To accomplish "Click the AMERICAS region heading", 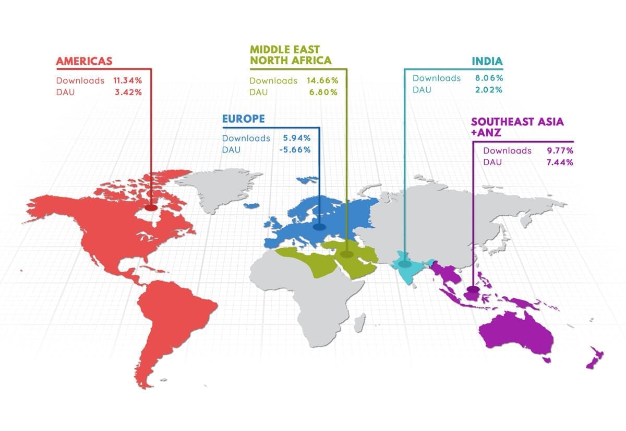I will pyautogui.click(x=84, y=61).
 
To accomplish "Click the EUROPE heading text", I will pyautogui.click(x=244, y=119).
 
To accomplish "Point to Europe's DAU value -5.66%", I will pyautogui.click(x=293, y=149).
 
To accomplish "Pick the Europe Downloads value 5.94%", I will pyautogui.click(x=296, y=138).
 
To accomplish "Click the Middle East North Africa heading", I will pyautogui.click(x=291, y=55).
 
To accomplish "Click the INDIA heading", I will pyautogui.click(x=487, y=61).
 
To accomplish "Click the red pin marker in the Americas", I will pyautogui.click(x=151, y=207).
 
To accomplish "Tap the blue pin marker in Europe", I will pyautogui.click(x=319, y=227).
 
